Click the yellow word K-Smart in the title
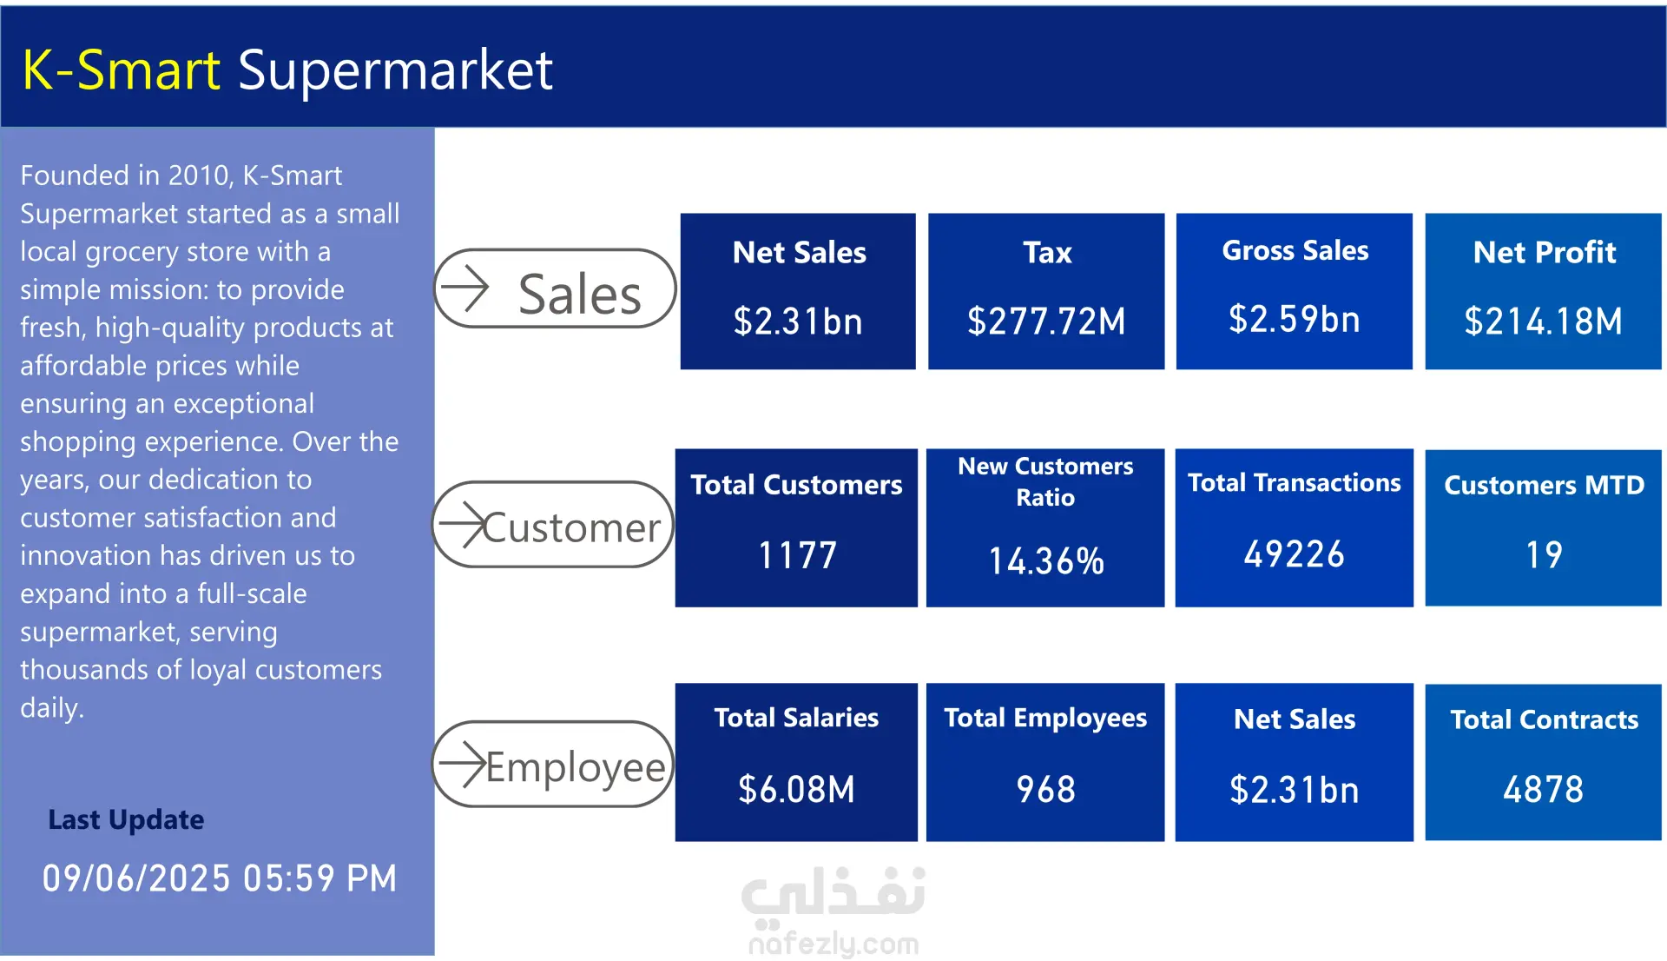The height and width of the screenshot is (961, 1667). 121,70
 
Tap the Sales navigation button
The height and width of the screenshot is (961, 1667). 554,289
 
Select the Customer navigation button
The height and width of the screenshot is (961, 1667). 553,525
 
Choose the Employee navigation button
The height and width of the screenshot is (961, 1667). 553,765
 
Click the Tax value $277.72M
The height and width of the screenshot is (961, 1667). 1046,321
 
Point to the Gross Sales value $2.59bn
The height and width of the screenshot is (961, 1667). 1294,320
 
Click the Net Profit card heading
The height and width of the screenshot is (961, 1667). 1544,253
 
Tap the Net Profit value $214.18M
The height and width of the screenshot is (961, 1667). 1543,321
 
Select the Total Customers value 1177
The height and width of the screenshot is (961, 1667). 797,555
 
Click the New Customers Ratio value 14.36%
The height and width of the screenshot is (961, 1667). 1046,561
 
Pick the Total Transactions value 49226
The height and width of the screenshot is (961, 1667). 1294,554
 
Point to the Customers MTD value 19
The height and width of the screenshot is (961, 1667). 1544,555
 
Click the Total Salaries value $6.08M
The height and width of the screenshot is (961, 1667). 796,790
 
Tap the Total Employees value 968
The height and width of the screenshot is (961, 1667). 1045,790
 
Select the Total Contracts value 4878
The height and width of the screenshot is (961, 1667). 1543,790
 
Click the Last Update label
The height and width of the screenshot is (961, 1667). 126,819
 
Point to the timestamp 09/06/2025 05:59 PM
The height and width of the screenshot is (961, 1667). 220,878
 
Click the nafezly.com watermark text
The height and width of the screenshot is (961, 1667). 833,944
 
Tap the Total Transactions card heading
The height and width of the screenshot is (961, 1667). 1294,483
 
